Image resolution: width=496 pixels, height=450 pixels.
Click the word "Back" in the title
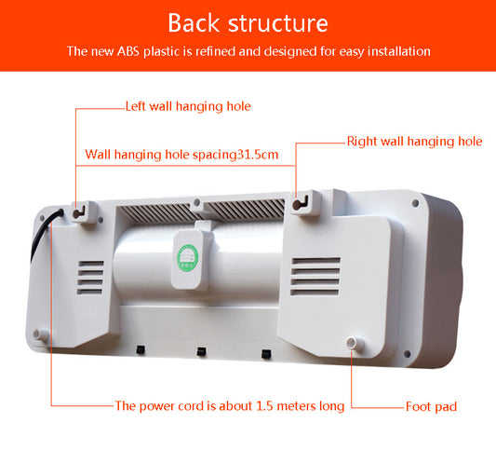[197, 22]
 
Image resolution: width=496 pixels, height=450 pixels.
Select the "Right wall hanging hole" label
[414, 142]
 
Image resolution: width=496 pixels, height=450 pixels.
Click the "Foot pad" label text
[431, 406]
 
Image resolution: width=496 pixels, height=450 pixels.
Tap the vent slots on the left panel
[90, 277]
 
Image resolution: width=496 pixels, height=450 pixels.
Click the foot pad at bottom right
[353, 344]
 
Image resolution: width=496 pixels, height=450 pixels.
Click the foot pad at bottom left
[38, 334]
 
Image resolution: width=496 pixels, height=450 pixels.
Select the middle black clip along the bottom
[201, 351]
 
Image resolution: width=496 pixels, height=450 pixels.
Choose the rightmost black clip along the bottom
[266, 354]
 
